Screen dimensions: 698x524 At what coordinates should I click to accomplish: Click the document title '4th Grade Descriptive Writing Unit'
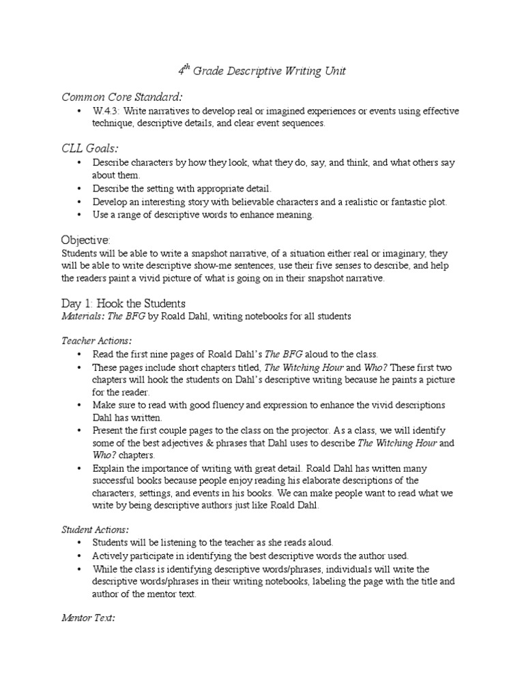tap(262, 71)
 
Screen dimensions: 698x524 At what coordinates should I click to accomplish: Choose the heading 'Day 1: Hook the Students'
tap(123, 303)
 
